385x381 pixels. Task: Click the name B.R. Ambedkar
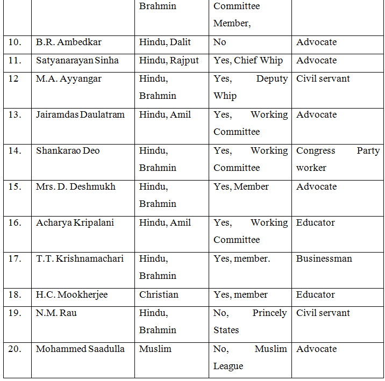(68, 42)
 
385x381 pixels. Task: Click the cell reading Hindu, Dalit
(165, 42)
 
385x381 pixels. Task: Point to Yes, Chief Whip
(248, 60)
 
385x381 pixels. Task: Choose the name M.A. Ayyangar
(68, 78)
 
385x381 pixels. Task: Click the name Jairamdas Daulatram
(81, 114)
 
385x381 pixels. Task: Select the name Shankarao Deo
(66, 150)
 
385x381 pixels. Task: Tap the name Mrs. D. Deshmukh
(75, 186)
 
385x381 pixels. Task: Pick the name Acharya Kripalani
(75, 222)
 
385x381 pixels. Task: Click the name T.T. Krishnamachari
(80, 258)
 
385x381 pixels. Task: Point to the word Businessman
(324, 258)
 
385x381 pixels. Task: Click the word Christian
(159, 294)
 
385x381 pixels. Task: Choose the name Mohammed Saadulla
(80, 349)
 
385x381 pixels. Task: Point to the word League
(229, 366)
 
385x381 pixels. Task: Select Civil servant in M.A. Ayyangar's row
(323, 78)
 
